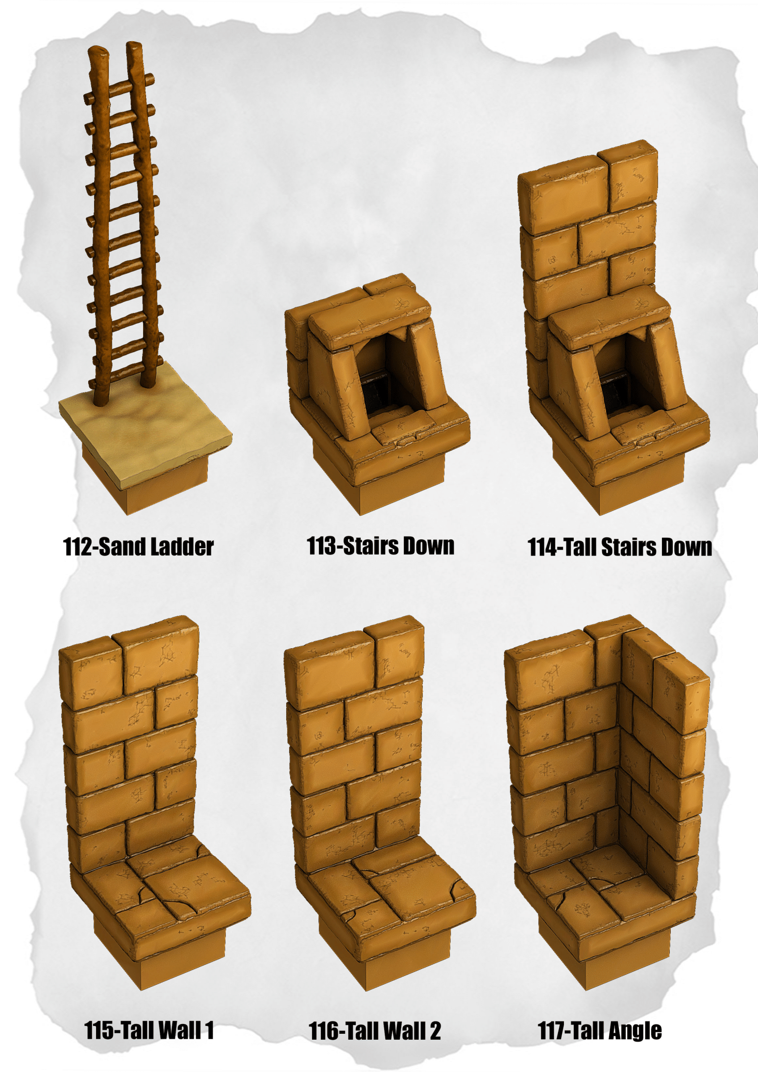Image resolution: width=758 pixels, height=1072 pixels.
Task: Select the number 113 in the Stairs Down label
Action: click(x=321, y=546)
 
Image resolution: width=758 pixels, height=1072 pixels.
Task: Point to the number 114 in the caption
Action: click(x=542, y=547)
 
